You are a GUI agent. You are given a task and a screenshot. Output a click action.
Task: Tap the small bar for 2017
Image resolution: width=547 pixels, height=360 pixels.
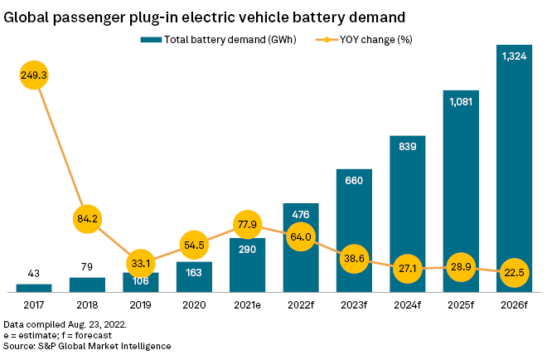click(34, 288)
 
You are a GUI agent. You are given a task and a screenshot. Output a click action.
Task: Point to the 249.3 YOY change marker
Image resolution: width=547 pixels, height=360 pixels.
click(34, 75)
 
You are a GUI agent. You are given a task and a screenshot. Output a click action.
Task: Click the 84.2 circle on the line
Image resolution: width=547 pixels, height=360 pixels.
click(87, 220)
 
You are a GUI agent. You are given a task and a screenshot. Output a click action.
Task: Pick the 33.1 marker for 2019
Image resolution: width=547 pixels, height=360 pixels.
click(141, 265)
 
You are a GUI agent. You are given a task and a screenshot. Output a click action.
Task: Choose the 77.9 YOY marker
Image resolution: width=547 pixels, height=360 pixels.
click(248, 225)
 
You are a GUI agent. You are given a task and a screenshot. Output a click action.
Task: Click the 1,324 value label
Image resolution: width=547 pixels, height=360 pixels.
click(514, 54)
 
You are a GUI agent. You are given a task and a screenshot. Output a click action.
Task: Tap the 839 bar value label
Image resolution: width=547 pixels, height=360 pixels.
click(408, 147)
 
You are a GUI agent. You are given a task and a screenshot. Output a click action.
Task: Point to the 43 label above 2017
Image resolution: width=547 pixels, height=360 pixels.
click(34, 275)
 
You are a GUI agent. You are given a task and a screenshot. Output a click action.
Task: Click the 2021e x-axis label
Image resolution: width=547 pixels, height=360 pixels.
click(248, 304)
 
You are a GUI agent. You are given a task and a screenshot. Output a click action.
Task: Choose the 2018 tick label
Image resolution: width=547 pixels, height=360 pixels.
click(87, 304)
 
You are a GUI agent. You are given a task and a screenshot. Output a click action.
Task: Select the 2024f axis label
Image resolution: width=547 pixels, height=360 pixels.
click(408, 304)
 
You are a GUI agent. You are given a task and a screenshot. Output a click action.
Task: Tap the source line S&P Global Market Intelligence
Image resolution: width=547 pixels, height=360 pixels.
click(87, 344)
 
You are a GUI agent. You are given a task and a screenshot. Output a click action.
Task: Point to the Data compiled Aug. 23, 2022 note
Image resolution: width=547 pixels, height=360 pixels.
click(65, 323)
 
